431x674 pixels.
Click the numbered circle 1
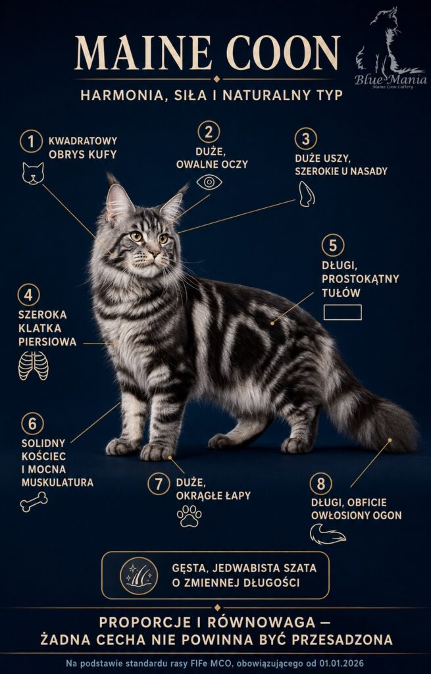point(31,142)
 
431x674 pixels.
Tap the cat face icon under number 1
point(33,174)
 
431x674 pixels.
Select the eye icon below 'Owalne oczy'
point(209,182)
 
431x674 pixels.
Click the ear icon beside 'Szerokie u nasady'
point(306,194)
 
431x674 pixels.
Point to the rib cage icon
point(34,366)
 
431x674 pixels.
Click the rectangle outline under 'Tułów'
point(342,313)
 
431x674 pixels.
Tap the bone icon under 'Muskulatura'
point(34,502)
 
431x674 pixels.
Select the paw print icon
point(189,516)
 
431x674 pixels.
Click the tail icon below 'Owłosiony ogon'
point(328,534)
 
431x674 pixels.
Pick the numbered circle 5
point(333,245)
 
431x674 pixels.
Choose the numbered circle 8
point(320,484)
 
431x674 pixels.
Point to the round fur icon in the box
point(139,575)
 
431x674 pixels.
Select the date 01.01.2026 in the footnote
point(340,663)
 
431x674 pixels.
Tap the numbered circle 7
point(159,484)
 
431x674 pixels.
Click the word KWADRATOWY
point(83,141)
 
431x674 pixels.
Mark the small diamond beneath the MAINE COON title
point(216,79)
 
